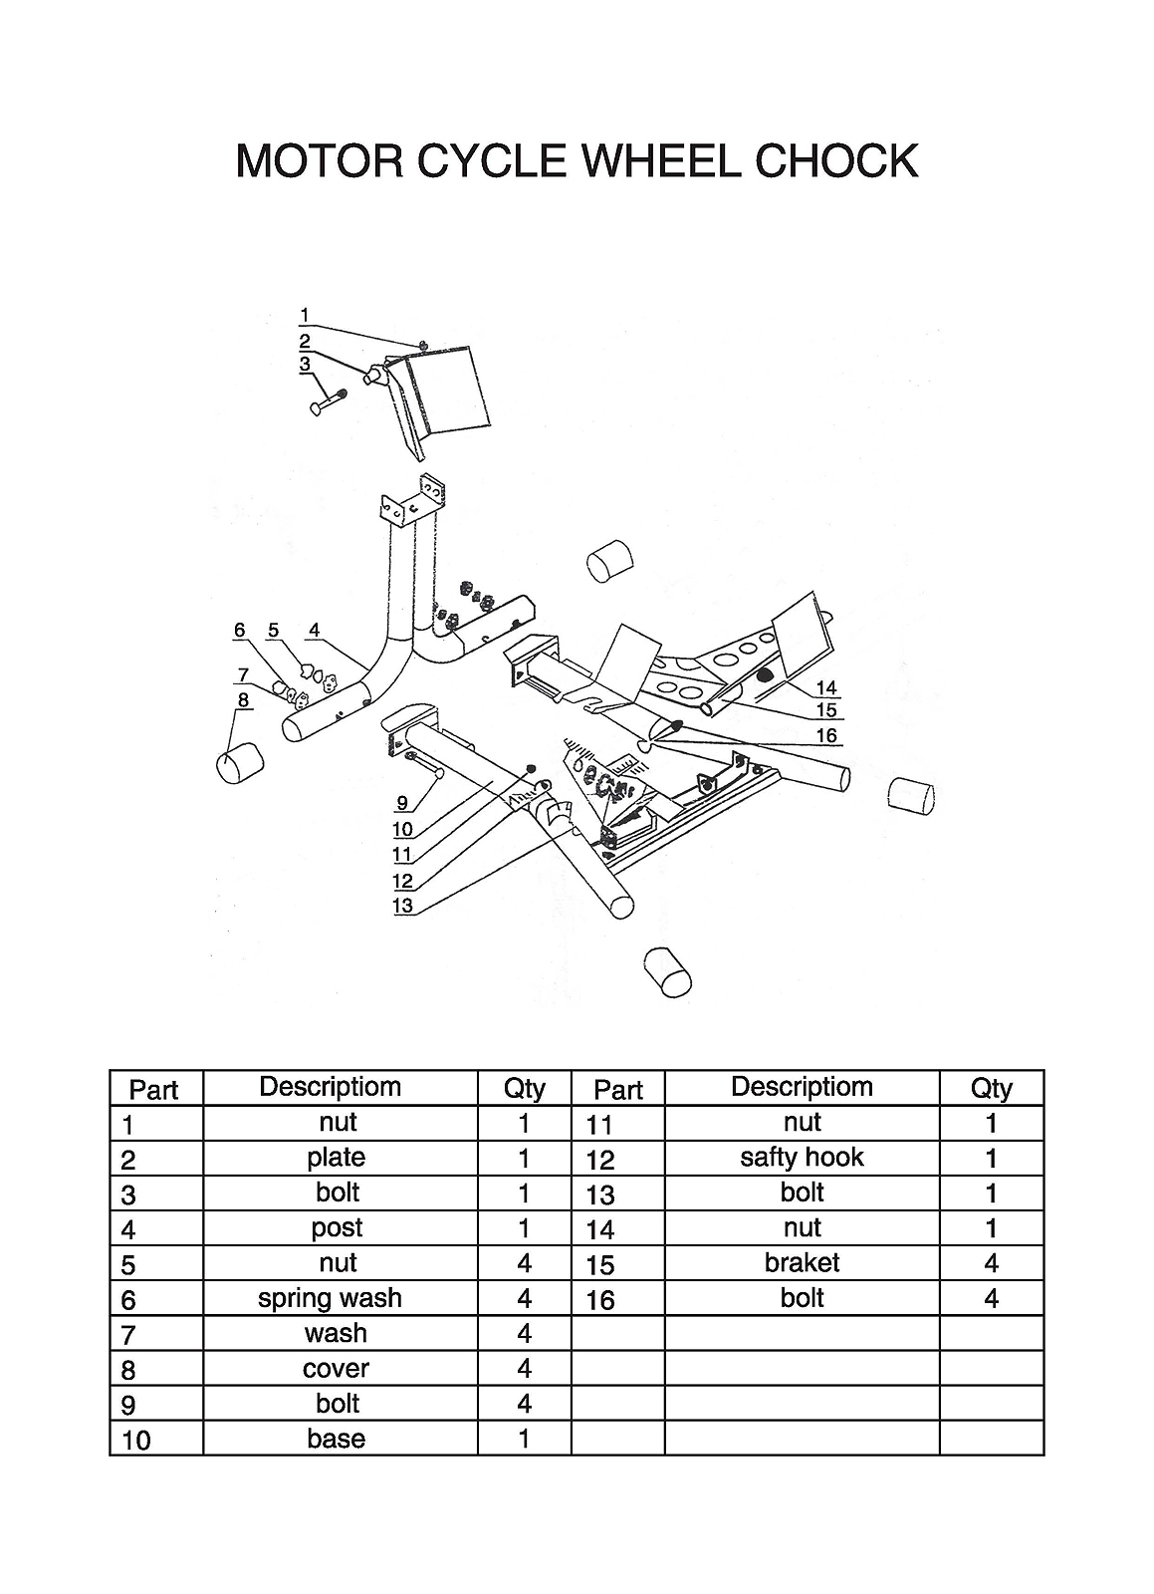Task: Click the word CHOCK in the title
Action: coord(836,160)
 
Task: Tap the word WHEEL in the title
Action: coord(660,160)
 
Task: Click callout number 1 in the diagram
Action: coord(305,315)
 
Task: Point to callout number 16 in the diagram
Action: coord(826,735)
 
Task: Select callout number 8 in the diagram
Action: coord(243,700)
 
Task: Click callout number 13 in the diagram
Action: coord(402,906)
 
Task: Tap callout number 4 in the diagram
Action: coord(315,631)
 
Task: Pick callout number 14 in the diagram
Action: coord(826,688)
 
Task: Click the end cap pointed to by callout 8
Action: coord(240,763)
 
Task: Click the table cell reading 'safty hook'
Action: coord(803,1158)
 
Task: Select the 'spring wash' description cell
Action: coord(330,1298)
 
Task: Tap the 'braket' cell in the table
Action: coord(803,1263)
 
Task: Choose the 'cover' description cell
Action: coord(336,1368)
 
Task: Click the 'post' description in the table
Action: coord(337,1227)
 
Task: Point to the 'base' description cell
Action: coord(337,1439)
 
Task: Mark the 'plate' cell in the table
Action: coord(337,1158)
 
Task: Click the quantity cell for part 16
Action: coord(991,1299)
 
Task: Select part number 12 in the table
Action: coord(600,1160)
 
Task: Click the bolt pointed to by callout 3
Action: coord(328,402)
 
